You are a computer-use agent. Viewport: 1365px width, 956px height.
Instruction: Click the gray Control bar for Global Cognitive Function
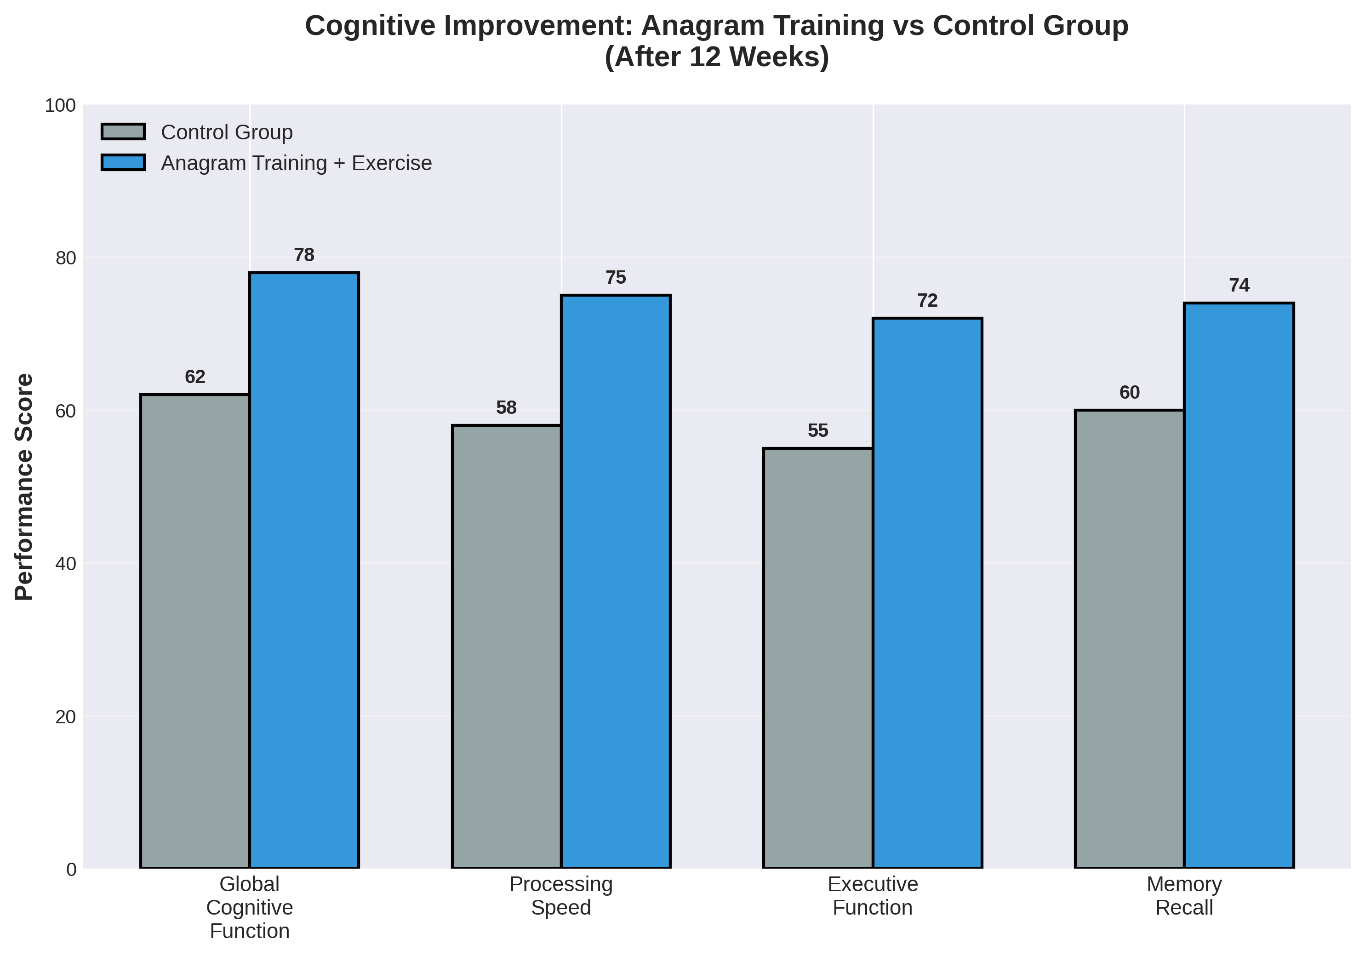(195, 630)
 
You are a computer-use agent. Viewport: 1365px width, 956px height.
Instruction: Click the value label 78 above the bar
(304, 255)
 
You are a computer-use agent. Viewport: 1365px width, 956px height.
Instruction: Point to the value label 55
(818, 430)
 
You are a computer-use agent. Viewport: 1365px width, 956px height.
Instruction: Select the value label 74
(1239, 286)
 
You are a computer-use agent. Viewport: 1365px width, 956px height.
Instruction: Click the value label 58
(507, 407)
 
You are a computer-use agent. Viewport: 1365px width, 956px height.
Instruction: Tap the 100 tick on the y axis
(61, 106)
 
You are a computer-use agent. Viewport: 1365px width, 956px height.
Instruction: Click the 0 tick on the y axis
(71, 869)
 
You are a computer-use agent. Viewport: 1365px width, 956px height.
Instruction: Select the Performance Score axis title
(24, 487)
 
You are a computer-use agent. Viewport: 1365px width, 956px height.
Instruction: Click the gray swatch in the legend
(123, 132)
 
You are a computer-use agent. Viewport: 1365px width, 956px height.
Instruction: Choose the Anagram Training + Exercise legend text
(296, 163)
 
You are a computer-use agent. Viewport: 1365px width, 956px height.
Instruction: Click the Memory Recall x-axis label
(1184, 895)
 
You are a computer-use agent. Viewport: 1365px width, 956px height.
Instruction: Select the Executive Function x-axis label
(872, 895)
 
